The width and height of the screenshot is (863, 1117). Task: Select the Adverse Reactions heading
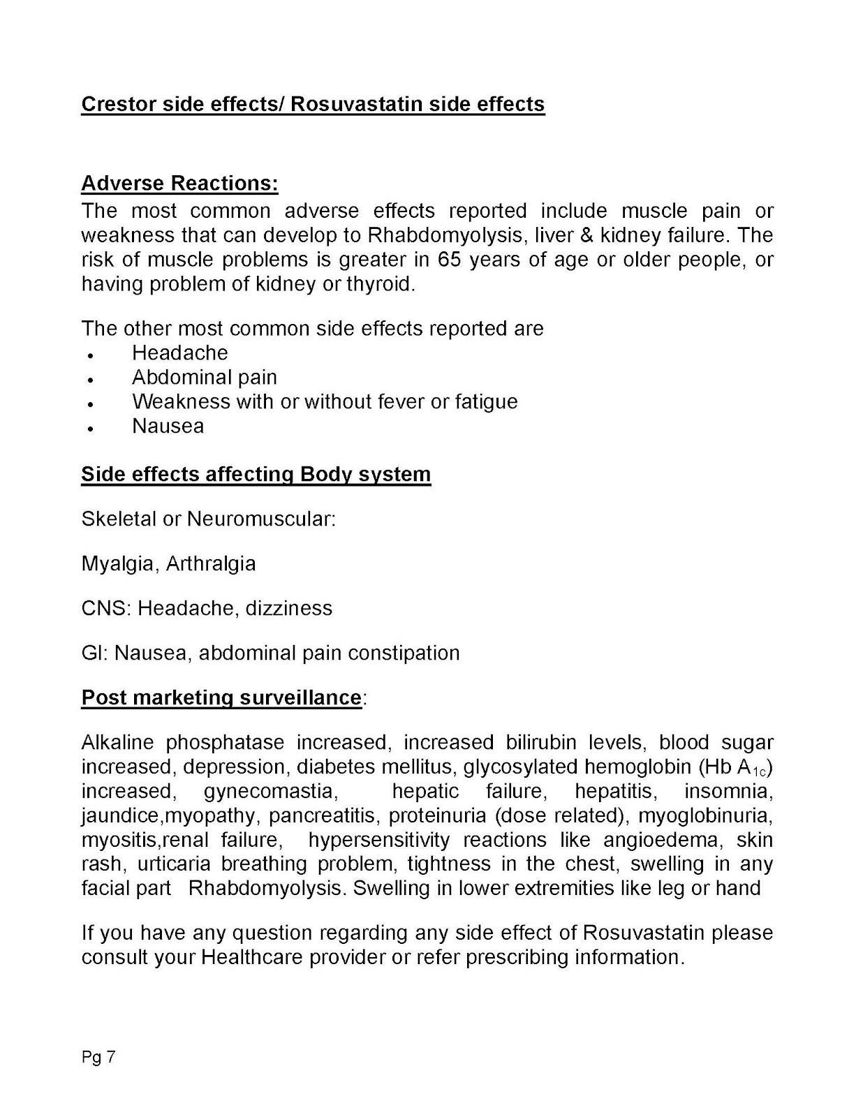tap(179, 183)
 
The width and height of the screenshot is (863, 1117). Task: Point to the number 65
tap(450, 260)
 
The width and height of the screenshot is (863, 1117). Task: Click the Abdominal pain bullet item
tap(204, 378)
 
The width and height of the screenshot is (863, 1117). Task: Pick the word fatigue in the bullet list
tap(486, 402)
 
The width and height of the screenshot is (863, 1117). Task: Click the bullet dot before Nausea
tap(91, 428)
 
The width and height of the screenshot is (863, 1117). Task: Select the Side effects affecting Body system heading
tap(256, 474)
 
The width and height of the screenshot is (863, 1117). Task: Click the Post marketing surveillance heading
tap(221, 698)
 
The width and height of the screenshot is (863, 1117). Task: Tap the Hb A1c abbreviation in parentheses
tap(735, 767)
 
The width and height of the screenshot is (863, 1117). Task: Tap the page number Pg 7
tap(98, 1058)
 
